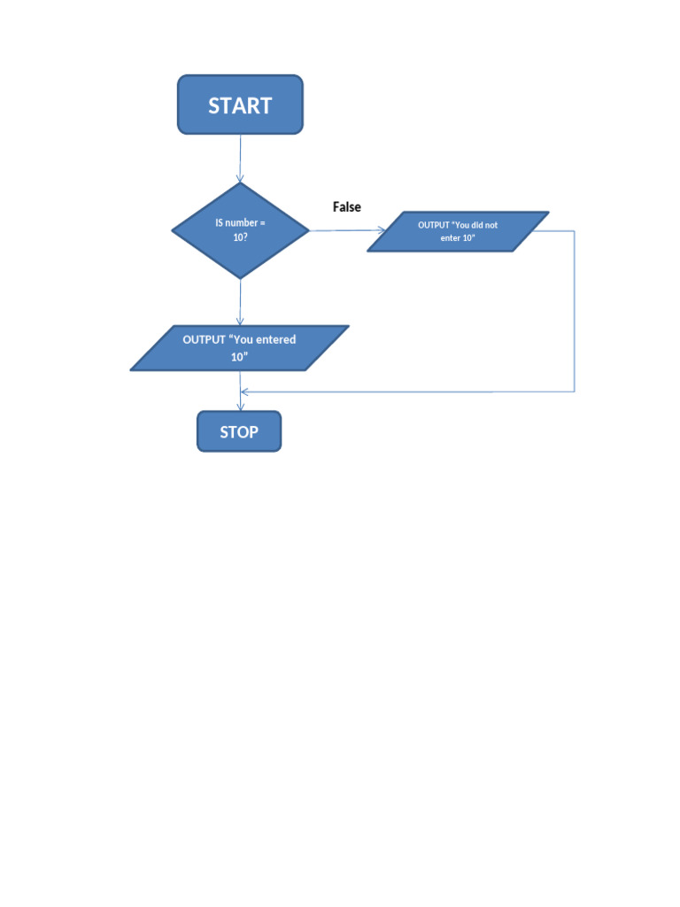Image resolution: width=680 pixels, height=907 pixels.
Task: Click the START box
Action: (240, 105)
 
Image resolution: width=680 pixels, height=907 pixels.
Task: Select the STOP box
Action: (239, 432)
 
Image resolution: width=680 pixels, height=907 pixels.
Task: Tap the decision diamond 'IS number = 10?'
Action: (240, 230)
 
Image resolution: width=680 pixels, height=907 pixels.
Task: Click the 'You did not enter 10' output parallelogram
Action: (458, 231)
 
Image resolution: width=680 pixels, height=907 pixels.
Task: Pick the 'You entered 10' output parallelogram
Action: (239, 347)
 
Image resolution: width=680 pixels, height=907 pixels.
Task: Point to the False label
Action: (347, 206)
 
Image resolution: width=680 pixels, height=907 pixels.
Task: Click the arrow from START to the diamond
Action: (240, 159)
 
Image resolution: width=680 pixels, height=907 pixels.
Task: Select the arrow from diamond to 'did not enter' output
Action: (347, 230)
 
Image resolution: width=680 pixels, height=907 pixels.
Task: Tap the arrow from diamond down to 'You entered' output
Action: (240, 302)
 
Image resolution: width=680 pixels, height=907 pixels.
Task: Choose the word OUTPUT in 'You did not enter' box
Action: (434, 225)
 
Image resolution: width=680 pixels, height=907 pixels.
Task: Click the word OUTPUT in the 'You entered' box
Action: (205, 339)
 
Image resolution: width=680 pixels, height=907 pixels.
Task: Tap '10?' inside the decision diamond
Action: (239, 237)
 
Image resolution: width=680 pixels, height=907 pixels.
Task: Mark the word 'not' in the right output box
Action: (491, 225)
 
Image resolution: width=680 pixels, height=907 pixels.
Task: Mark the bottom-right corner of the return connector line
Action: (575, 391)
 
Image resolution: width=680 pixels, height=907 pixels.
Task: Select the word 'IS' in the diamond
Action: (220, 222)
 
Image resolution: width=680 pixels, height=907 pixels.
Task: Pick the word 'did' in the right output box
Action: (475, 225)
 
